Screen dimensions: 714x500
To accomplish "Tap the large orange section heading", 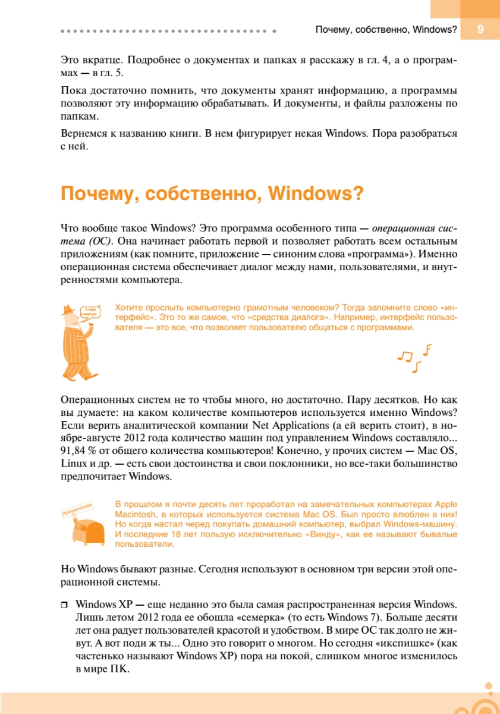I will pyautogui.click(x=212, y=195).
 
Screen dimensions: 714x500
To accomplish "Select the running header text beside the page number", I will pyautogui.click(x=386, y=29).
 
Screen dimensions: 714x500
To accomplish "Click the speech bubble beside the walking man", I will pyautogui.click(x=90, y=311).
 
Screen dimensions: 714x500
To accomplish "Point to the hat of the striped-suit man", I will pyautogui.click(x=69, y=309).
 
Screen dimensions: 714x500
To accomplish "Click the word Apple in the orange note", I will pyautogui.click(x=444, y=503).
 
